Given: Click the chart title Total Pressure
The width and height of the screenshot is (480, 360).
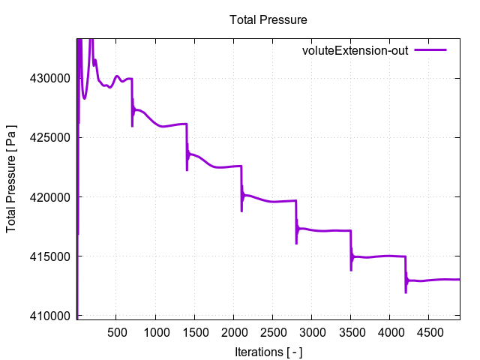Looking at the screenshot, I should point(268,19).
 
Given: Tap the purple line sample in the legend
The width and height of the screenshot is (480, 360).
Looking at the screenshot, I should point(430,50).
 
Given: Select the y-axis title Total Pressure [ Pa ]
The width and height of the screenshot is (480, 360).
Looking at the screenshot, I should point(12,178).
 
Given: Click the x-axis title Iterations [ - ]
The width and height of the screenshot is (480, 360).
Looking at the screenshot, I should point(268,352).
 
